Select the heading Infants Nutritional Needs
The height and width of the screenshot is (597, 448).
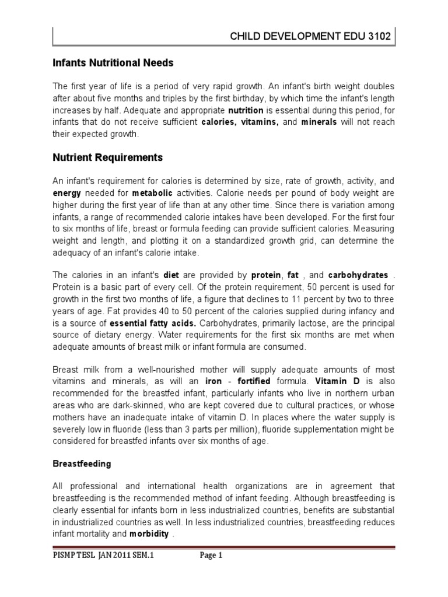coord(114,62)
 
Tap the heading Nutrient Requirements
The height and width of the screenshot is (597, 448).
coord(108,157)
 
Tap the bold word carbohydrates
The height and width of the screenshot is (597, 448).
coord(358,275)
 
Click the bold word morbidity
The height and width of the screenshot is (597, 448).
coord(149,534)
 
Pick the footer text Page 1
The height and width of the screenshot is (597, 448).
coord(212,572)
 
